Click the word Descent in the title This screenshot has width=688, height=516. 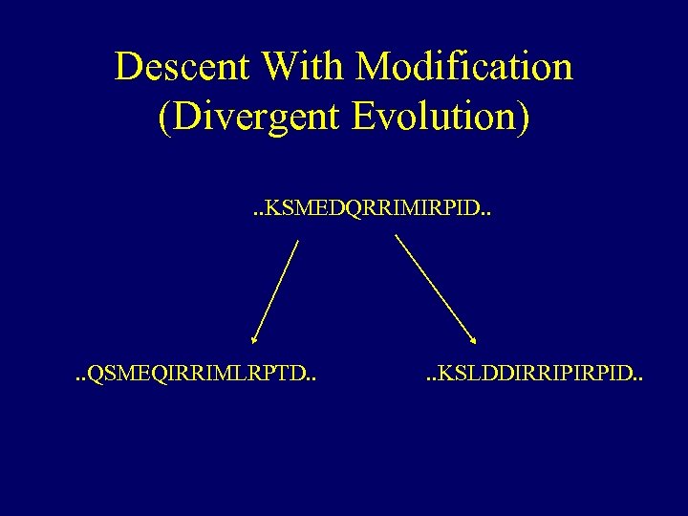point(182,67)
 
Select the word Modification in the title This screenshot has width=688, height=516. point(464,67)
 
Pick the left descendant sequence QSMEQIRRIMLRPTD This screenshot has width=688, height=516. point(196,375)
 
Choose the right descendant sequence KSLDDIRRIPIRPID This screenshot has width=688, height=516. point(535,375)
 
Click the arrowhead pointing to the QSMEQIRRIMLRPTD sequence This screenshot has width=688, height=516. point(254,337)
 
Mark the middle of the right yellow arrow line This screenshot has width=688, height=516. point(436,289)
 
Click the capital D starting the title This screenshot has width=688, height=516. point(128,67)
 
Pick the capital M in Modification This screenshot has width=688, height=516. point(372,67)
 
